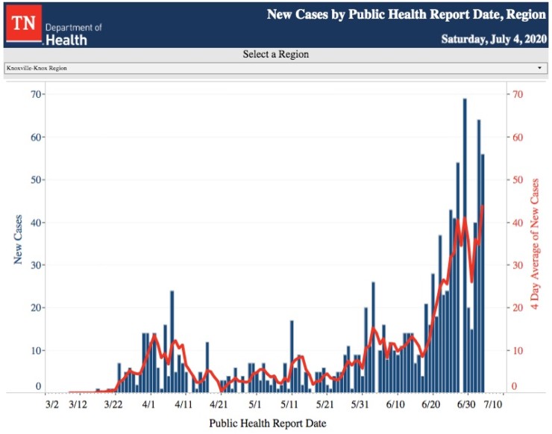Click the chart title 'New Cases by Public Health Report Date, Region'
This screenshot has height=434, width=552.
point(406,14)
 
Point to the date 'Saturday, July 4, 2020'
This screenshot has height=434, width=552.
point(493,38)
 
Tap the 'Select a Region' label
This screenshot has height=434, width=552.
point(275,55)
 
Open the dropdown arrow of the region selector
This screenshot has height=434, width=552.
point(539,68)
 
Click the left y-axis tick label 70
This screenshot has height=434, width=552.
point(36,94)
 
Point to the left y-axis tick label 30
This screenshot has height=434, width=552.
point(36,265)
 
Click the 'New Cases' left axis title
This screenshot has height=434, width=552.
point(17,241)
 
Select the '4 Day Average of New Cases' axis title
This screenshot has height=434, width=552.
point(534,244)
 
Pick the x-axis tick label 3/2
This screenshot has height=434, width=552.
point(51,404)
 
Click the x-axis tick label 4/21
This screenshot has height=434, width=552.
point(218,404)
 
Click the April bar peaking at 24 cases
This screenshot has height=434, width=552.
point(172,341)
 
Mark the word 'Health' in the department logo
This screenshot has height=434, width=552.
point(66,40)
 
